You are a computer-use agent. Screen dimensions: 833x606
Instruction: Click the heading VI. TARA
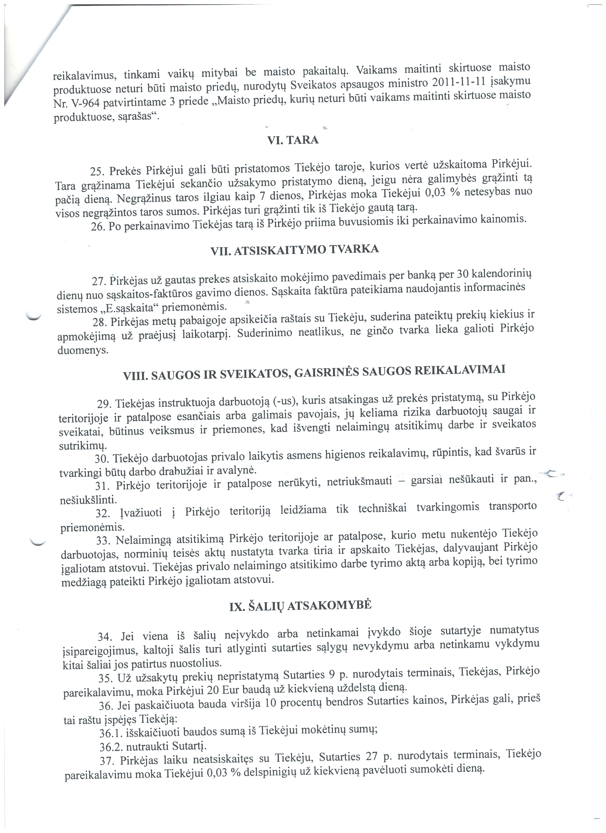(x=294, y=141)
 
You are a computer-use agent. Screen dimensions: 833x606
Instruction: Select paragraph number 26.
(x=98, y=226)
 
